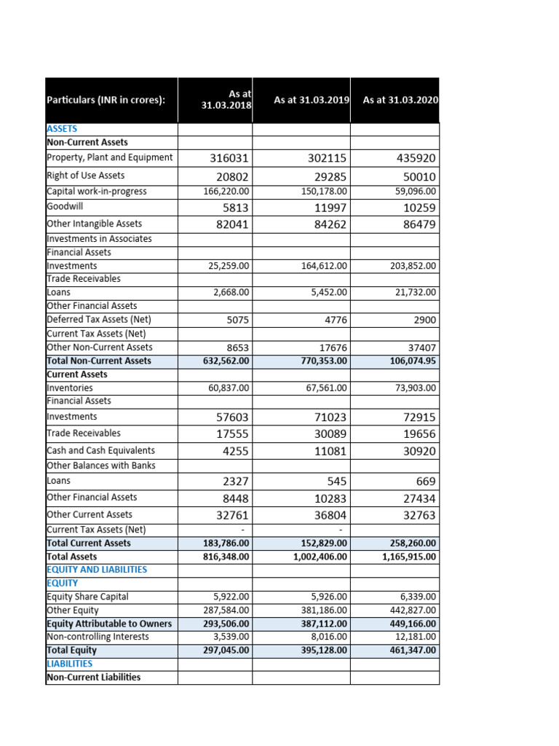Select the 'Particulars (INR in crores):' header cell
point(106,100)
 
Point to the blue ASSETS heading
point(62,128)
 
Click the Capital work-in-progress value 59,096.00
point(413,192)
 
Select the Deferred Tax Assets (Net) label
point(99,320)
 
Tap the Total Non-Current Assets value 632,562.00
point(226,361)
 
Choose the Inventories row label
point(69,388)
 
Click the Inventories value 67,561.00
point(324,388)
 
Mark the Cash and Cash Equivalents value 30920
point(419,451)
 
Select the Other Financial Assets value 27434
point(419,499)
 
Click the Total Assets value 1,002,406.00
point(320,557)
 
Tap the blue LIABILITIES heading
point(70,664)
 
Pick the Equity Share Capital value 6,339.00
point(417,597)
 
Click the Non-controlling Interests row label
point(98,637)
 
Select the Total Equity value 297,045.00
point(226,650)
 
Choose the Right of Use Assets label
point(85,176)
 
